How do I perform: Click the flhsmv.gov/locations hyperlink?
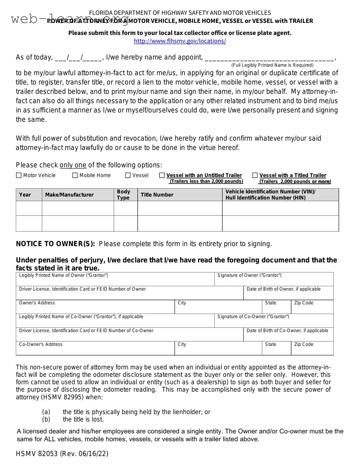click(x=180, y=41)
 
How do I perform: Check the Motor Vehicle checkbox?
click(x=19, y=175)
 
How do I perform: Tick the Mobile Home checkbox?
click(x=75, y=175)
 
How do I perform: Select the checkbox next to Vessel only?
click(x=128, y=175)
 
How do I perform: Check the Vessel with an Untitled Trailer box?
click(x=162, y=175)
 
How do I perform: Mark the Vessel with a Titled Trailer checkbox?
click(x=255, y=175)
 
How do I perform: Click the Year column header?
click(x=25, y=195)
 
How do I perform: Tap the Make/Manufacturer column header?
click(x=69, y=195)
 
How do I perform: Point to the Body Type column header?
click(x=123, y=195)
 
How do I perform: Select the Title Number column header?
click(x=157, y=195)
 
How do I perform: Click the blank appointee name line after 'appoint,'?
click(x=269, y=58)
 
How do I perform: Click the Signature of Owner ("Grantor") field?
click(x=274, y=280)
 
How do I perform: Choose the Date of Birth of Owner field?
click(x=288, y=294)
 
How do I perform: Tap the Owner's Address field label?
click(x=37, y=303)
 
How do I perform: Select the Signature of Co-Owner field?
click(x=274, y=321)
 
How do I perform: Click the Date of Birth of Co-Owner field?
click(x=288, y=335)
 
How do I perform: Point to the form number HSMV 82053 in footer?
click(x=37, y=454)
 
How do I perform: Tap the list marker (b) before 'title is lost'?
click(x=46, y=419)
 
